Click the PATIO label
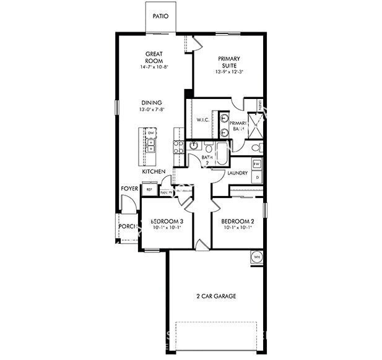point(160,17)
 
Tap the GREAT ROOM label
point(154,58)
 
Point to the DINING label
point(151,103)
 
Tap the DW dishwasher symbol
point(150,133)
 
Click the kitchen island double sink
point(150,145)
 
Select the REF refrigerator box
point(149,190)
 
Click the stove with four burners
point(178,147)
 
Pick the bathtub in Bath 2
point(219,148)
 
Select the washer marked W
point(257,164)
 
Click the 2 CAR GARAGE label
point(212,296)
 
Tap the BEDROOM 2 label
point(237,221)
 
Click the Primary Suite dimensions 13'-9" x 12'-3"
point(228,72)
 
